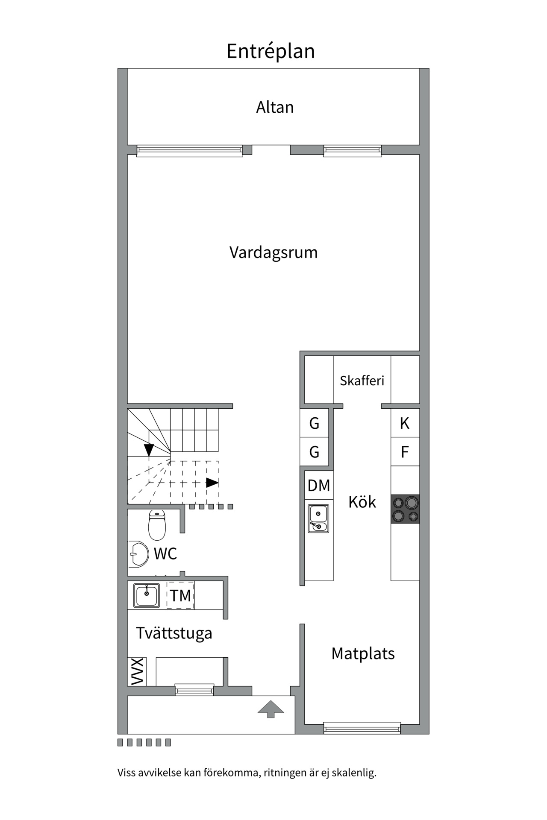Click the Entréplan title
pyautogui.click(x=271, y=51)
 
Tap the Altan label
pyautogui.click(x=275, y=107)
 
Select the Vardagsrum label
pyautogui.click(x=273, y=252)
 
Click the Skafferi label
pyautogui.click(x=362, y=381)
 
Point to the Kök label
pyautogui.click(x=362, y=502)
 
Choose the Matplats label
pyautogui.click(x=363, y=653)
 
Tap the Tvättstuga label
pyautogui.click(x=174, y=633)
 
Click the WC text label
pyautogui.click(x=165, y=553)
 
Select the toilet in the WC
pyautogui.click(x=157, y=525)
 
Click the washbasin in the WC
pyautogui.click(x=138, y=554)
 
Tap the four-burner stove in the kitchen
pyautogui.click(x=405, y=509)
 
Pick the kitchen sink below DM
pyautogui.click(x=318, y=518)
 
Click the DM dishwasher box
pyautogui.click(x=319, y=485)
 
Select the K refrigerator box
pyautogui.click(x=405, y=423)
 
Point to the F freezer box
pyautogui.click(x=405, y=451)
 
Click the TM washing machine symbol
pyautogui.click(x=180, y=595)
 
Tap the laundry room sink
pyautogui.click(x=147, y=595)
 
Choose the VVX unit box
pyautogui.click(x=137, y=671)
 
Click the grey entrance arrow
pyautogui.click(x=271, y=709)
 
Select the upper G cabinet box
pyautogui.click(x=314, y=423)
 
